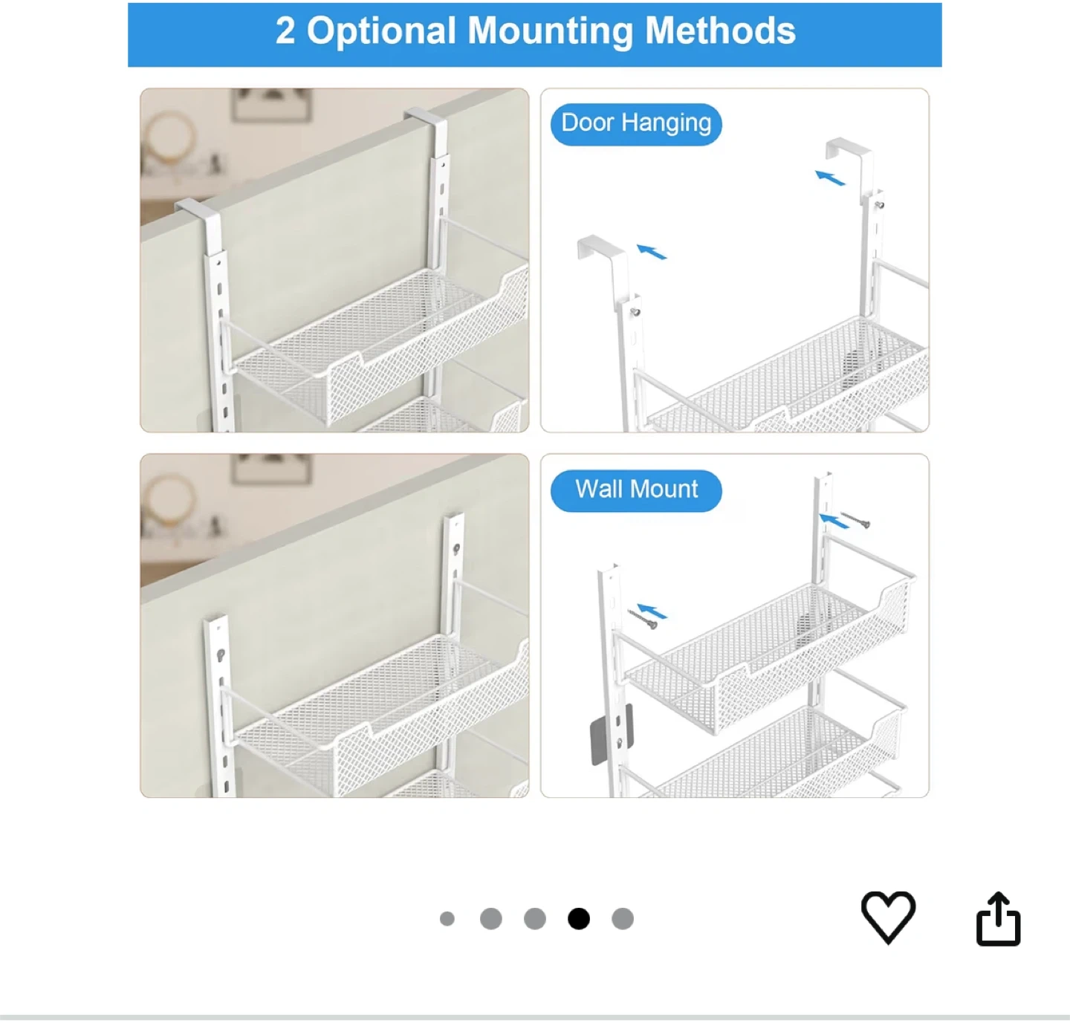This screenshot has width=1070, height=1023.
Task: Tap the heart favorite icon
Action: pyautogui.click(x=887, y=918)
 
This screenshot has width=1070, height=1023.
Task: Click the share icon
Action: pyautogui.click(x=998, y=919)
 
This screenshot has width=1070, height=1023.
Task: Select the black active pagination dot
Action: pyautogui.click(x=578, y=918)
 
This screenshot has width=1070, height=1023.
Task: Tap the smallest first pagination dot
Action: pyautogui.click(x=447, y=918)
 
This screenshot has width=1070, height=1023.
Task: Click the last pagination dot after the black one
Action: pyautogui.click(x=623, y=918)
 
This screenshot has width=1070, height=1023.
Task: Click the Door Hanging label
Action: pyautogui.click(x=636, y=123)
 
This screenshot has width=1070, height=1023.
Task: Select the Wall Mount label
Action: pyautogui.click(x=636, y=490)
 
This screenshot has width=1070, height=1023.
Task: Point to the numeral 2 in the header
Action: pyautogui.click(x=285, y=30)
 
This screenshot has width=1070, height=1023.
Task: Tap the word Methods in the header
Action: pyautogui.click(x=720, y=30)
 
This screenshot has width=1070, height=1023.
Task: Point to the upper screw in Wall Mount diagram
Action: pyautogui.click(x=855, y=519)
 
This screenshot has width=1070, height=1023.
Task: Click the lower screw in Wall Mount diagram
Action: pyautogui.click(x=642, y=618)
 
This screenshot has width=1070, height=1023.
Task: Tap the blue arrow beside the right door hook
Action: pyautogui.click(x=830, y=178)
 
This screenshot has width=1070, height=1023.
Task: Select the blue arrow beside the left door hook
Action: pyautogui.click(x=652, y=252)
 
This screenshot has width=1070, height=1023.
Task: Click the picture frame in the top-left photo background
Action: pyautogui.click(x=272, y=105)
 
